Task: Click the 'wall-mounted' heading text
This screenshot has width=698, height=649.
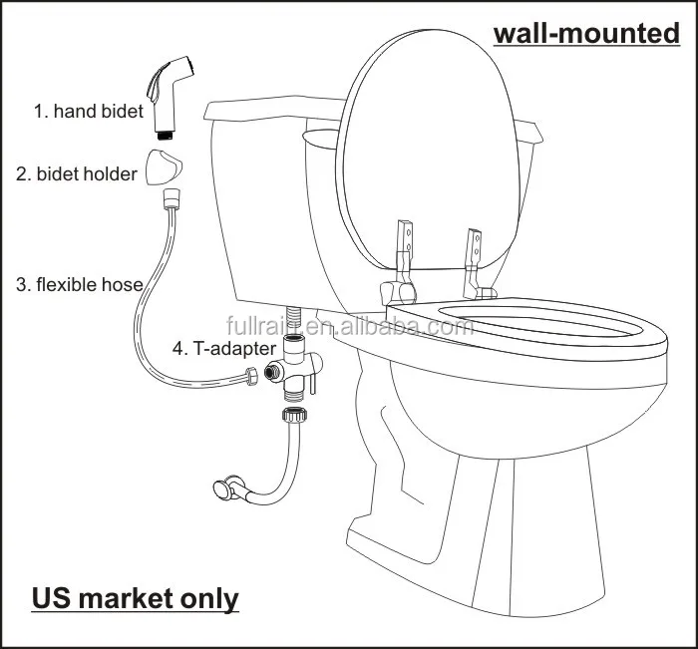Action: [586, 34]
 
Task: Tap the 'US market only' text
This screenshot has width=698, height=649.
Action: [136, 598]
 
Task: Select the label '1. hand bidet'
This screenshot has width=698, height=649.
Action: [89, 112]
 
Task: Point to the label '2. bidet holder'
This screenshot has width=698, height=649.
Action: [77, 173]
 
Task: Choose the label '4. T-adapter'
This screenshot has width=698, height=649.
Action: [223, 348]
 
